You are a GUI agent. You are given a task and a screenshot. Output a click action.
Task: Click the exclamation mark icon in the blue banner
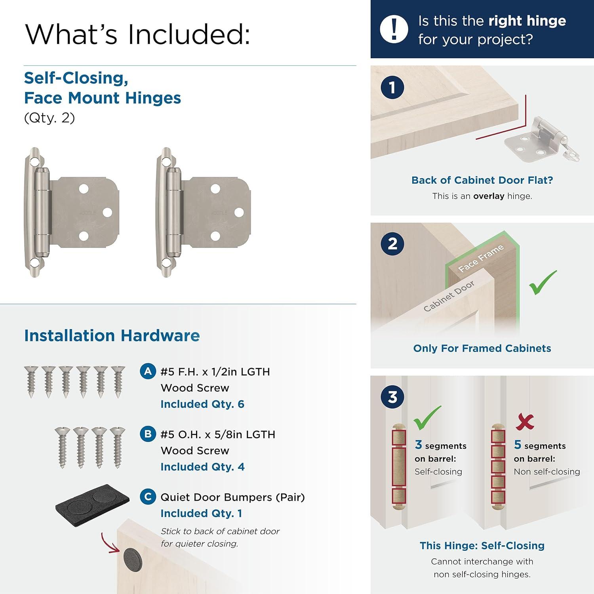(394, 29)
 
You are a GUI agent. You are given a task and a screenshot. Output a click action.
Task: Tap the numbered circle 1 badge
(392, 88)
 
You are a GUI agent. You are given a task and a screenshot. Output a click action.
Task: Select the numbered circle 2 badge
(392, 244)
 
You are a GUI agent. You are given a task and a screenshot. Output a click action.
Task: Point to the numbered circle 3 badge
(392, 397)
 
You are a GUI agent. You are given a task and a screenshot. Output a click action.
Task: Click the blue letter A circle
(148, 371)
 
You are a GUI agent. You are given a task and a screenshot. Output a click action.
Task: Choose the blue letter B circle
(148, 434)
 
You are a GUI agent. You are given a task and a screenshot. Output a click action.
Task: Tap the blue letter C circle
(148, 497)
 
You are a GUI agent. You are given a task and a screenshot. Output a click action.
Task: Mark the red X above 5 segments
(525, 422)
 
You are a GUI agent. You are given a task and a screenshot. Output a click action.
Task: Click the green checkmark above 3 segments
(426, 418)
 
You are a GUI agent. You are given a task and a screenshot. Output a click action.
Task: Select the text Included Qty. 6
(202, 404)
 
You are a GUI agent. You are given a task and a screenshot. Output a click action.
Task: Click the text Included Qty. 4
(202, 467)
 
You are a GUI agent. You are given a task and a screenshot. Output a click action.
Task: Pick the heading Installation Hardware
(112, 335)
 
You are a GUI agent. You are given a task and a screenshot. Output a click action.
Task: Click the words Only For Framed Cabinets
(482, 348)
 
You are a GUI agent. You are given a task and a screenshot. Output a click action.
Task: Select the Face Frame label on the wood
(481, 258)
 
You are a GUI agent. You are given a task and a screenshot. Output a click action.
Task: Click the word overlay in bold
(489, 196)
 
